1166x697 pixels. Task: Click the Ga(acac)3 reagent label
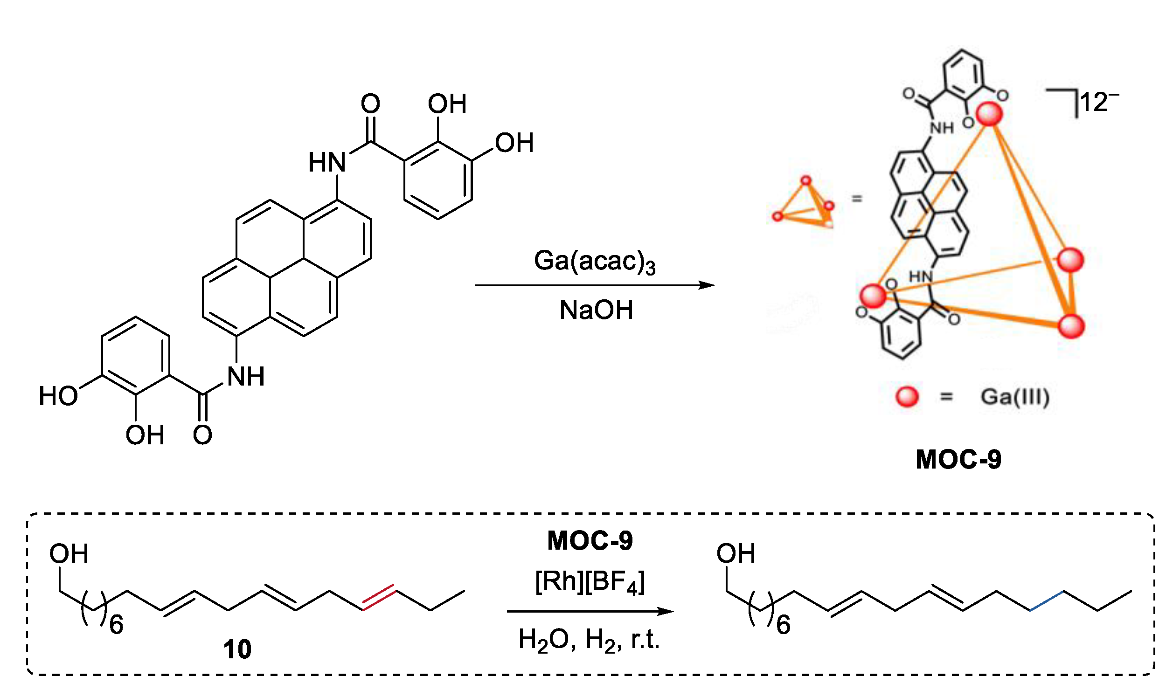coord(594,262)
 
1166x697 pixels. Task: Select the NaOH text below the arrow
coord(596,310)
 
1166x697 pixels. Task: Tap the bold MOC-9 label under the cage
coord(958,459)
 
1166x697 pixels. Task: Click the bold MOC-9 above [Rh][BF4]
coord(590,541)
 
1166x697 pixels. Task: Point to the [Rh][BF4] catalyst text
coord(590,582)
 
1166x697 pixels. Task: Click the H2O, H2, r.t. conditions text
coord(589,640)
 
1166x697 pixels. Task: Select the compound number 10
coord(237,650)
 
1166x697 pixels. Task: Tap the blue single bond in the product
coord(1047,600)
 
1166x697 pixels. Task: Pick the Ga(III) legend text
coord(1015,397)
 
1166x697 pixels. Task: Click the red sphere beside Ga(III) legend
coord(907,397)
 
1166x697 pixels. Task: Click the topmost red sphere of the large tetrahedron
coord(989,114)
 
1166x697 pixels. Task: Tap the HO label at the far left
coord(58,396)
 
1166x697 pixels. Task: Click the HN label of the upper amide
coord(327,163)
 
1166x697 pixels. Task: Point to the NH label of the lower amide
coord(246,377)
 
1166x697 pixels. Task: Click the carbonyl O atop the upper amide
coord(370,104)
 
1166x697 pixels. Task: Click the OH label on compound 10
coord(69,554)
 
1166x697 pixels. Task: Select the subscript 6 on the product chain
coord(783,625)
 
